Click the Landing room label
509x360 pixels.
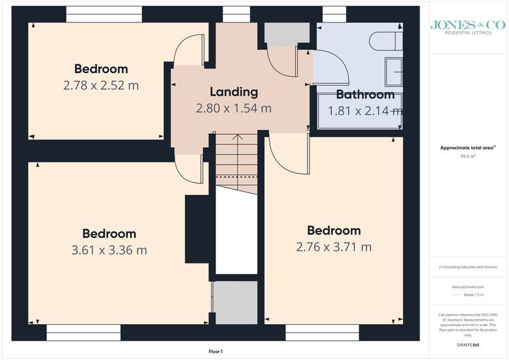[233, 92]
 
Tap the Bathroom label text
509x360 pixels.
[365, 94]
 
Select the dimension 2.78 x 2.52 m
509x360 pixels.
[101, 85]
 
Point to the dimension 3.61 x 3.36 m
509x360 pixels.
[109, 250]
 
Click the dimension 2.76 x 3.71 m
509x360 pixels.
[333, 247]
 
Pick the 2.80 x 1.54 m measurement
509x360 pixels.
[233, 108]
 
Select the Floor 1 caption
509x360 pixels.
[215, 351]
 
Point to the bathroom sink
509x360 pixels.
[394, 71]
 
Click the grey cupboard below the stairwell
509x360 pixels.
[235, 302]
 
